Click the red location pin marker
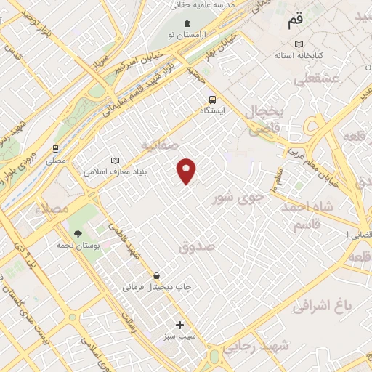187,170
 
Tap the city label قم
294,22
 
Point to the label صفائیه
160,145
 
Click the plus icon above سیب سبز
179,325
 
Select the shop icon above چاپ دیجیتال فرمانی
157,275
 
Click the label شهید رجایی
257,348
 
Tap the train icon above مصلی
55,148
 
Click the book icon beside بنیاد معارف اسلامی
113,161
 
